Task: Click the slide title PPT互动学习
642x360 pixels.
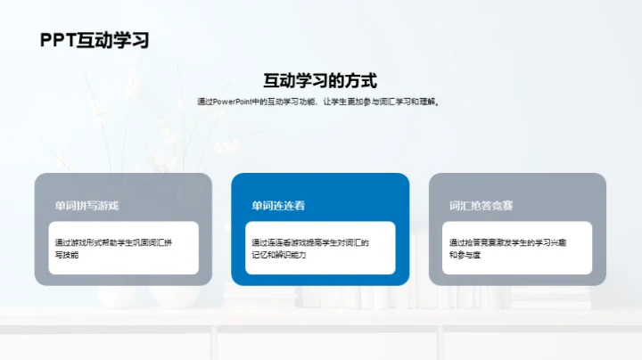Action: pyautogui.click(x=94, y=40)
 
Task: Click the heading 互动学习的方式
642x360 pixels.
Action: pyautogui.click(x=320, y=78)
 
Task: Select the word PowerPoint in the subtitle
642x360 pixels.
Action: pyautogui.click(x=231, y=102)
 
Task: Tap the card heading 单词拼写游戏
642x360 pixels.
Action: pyautogui.click(x=86, y=206)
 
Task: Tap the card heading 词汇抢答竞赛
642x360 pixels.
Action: pyautogui.click(x=481, y=206)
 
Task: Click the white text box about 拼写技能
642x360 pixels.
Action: pyautogui.click(x=124, y=248)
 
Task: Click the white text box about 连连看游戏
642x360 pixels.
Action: pyautogui.click(x=320, y=248)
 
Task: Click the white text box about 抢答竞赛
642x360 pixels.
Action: pyautogui.click(x=518, y=248)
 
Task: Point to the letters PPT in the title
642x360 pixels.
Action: pyautogui.click(x=58, y=40)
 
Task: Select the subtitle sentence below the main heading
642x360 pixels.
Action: pyautogui.click(x=320, y=102)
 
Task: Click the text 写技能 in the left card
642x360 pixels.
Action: pyautogui.click(x=67, y=255)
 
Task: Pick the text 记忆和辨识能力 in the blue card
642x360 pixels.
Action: pyautogui.click(x=278, y=255)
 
